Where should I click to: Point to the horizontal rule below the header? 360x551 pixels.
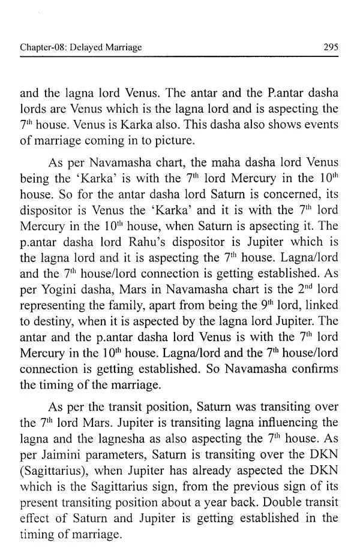pyautogui.click(x=179, y=57)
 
